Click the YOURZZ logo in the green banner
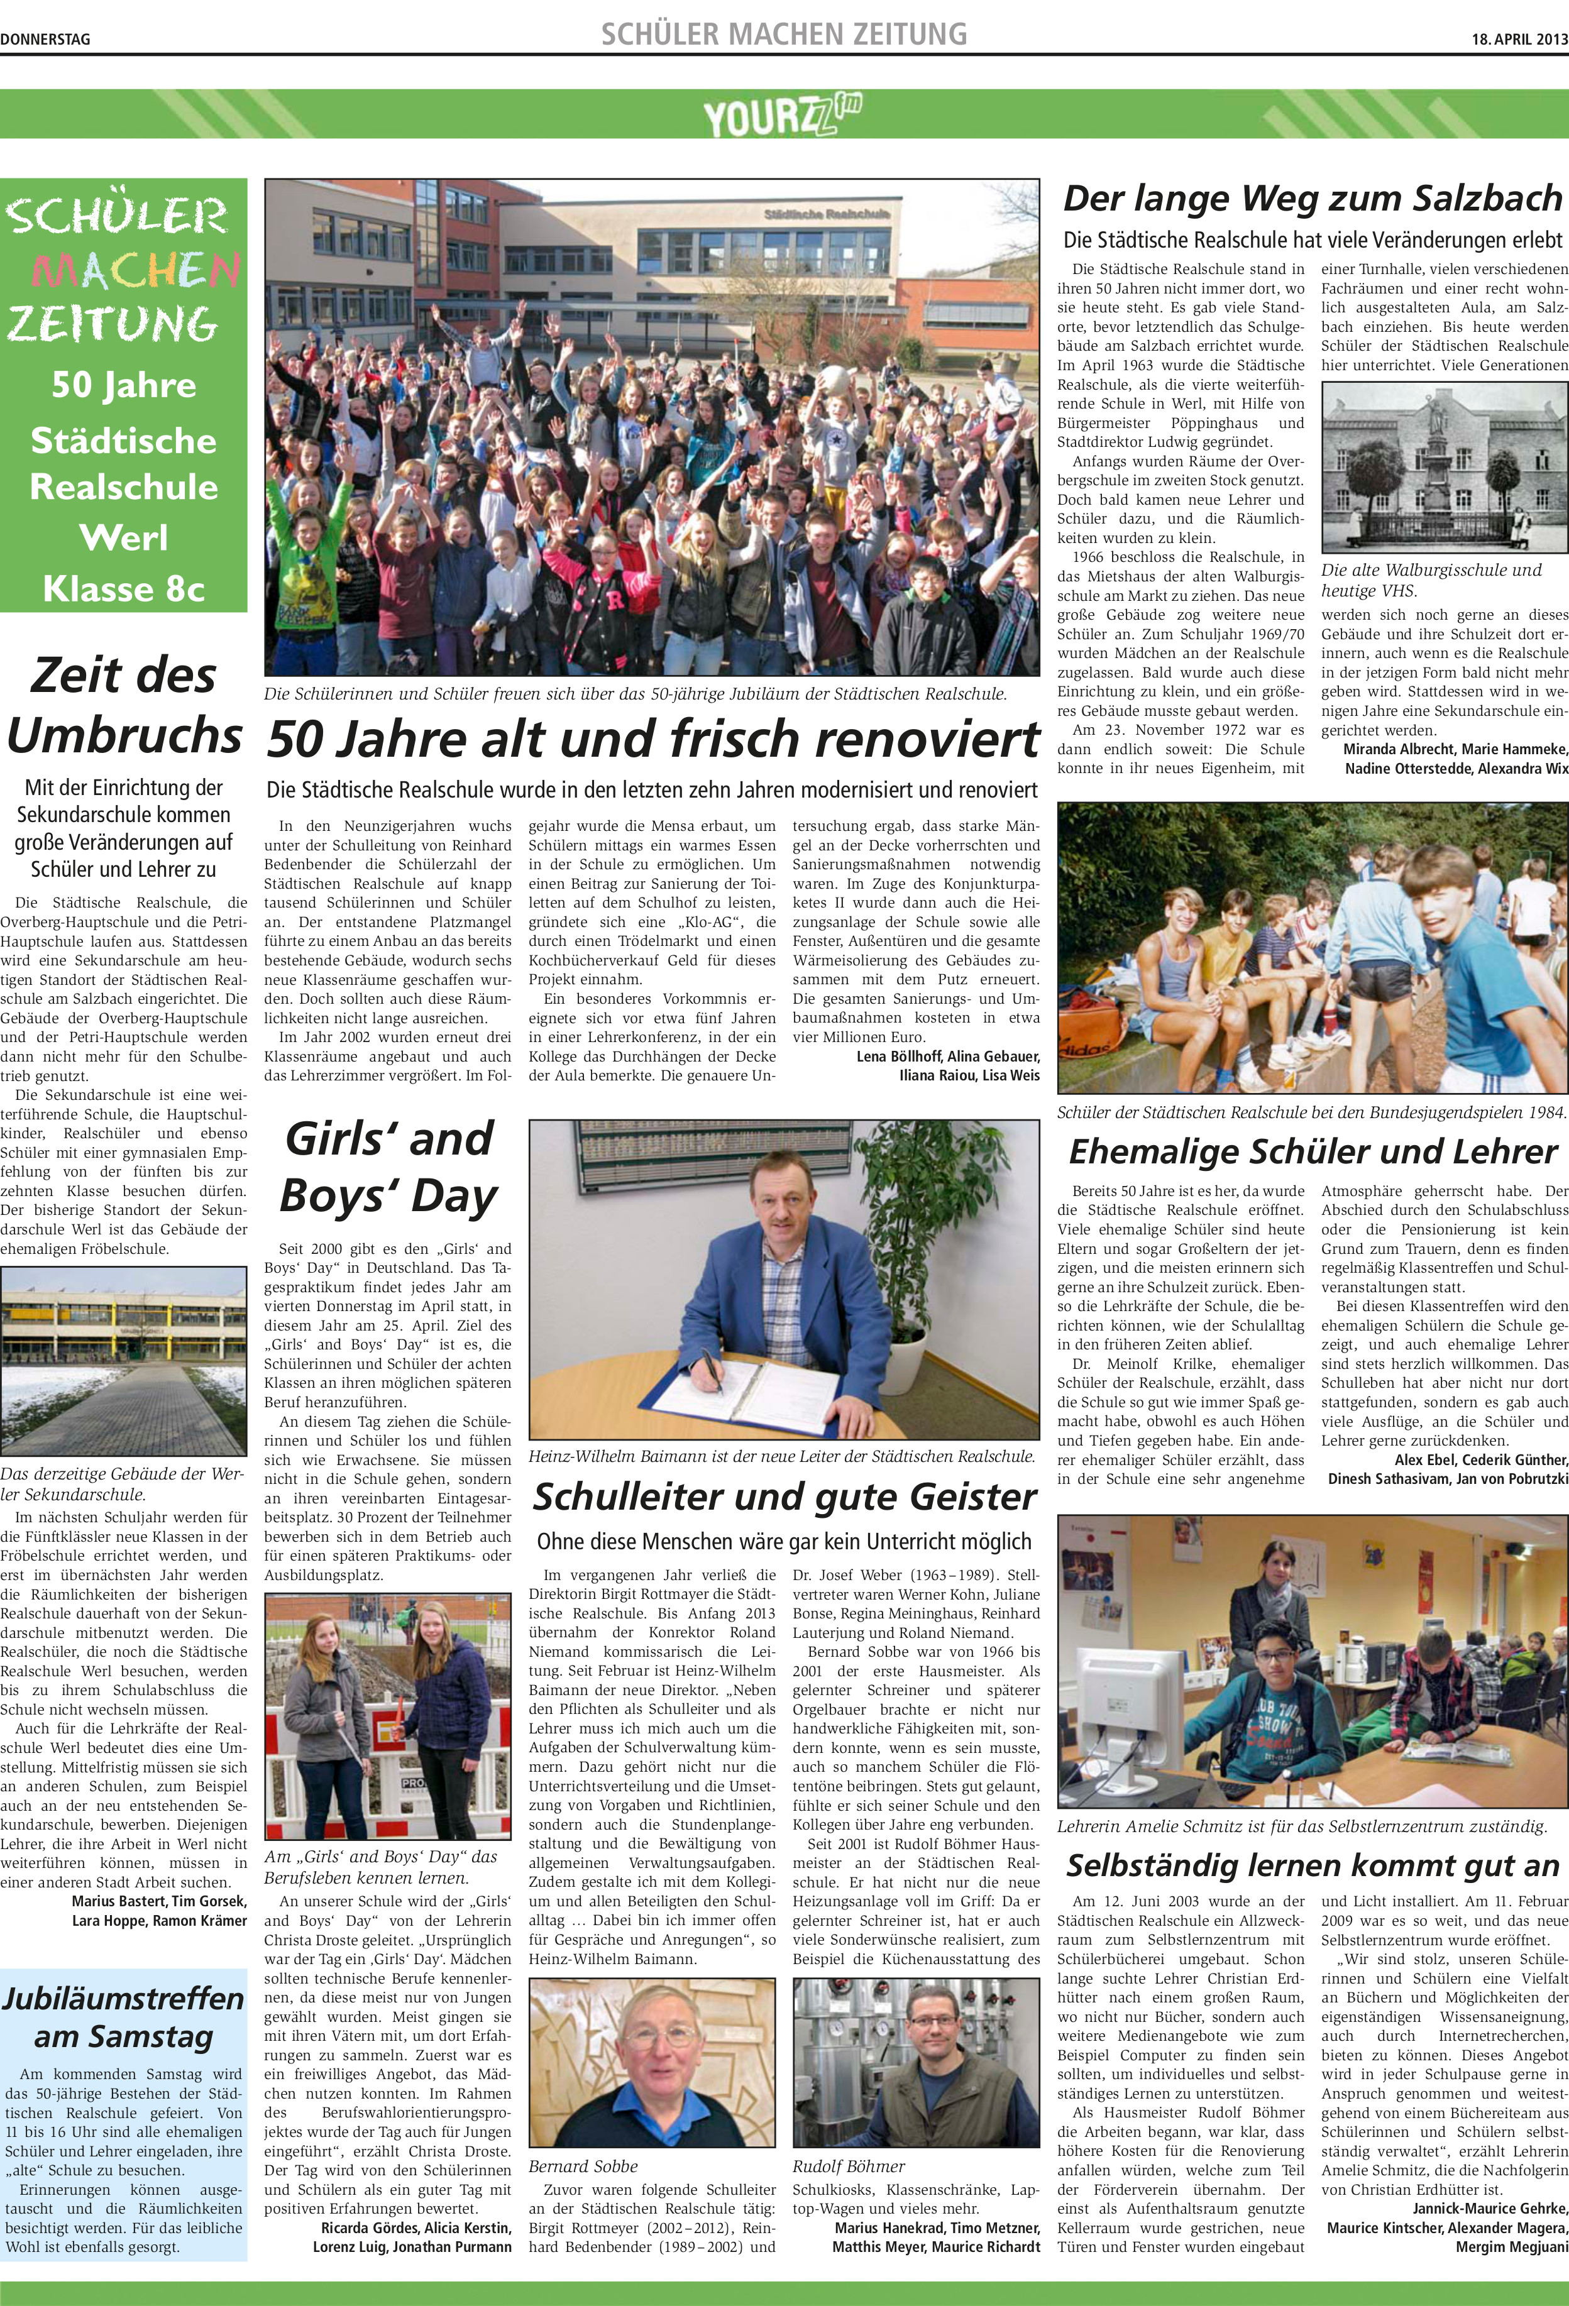(x=783, y=115)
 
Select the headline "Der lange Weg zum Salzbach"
(x=1313, y=199)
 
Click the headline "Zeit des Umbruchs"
(x=124, y=705)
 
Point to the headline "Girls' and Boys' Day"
(x=388, y=1167)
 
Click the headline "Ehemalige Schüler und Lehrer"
(x=1313, y=1151)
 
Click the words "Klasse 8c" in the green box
(x=124, y=588)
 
